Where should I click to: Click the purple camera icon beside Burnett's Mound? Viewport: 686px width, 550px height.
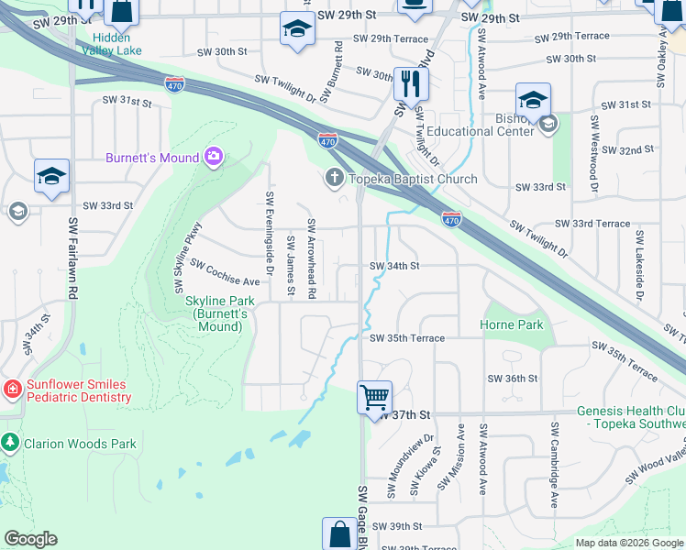tap(214, 158)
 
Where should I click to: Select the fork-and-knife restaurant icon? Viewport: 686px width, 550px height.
tap(411, 84)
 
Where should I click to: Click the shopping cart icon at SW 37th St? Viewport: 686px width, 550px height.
tap(374, 399)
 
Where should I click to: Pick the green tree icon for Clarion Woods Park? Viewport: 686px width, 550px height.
tap(11, 444)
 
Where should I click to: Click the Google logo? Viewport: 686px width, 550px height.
tap(31, 539)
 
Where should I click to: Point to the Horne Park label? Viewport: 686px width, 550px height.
tap(512, 324)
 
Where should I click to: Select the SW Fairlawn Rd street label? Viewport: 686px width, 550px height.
tap(72, 257)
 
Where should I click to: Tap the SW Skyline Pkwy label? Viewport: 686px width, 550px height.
tap(187, 258)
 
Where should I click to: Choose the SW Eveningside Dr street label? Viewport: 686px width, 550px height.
tap(270, 233)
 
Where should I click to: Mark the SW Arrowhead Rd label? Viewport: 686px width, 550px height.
tap(312, 258)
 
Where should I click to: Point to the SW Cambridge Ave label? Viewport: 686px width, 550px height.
tap(555, 465)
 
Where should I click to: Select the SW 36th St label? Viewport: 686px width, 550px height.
tap(513, 378)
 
